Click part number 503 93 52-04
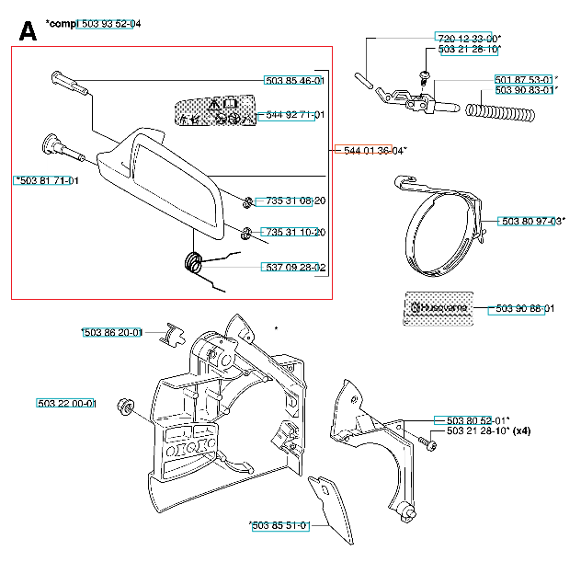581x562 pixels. pos(108,23)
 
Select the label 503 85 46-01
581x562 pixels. pos(294,81)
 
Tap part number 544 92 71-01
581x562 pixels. pos(294,116)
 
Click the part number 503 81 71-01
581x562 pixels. pos(47,180)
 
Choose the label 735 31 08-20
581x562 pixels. pos(294,201)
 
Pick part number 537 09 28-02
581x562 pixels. pos(294,268)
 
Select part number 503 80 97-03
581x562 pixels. pos(532,221)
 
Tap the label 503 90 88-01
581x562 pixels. pos(525,308)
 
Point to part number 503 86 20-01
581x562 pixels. pos(111,332)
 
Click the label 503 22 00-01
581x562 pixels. pos(67,404)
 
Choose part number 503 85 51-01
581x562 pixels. pos(279,526)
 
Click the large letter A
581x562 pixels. pos(28,31)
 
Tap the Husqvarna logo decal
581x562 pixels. pos(440,308)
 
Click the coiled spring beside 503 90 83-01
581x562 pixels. pos(500,112)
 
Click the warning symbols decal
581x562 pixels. pos(214,110)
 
